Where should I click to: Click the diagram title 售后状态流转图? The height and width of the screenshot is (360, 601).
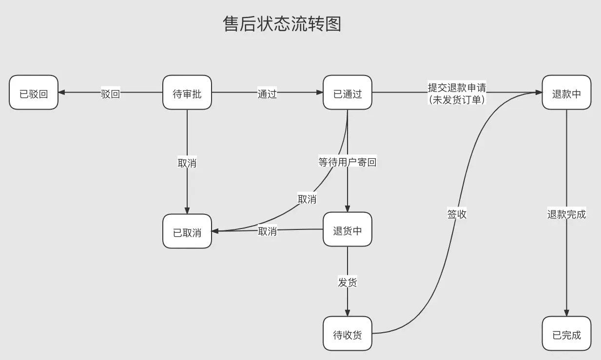coord(282,24)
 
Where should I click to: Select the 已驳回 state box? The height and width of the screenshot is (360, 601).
coord(34,93)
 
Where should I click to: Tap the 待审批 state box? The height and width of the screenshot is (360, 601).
coord(187,93)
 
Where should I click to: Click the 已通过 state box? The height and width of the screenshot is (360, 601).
coord(348,93)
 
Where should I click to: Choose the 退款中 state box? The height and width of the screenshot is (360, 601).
coord(566,93)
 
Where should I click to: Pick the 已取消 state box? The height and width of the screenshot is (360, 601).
coord(187,231)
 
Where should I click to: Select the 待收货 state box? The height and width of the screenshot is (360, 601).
coord(348,334)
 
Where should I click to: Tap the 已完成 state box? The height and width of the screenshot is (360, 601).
coord(566,334)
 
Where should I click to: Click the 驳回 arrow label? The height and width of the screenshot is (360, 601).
coord(110,93)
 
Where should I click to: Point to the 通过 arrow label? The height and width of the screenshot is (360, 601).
coord(267,93)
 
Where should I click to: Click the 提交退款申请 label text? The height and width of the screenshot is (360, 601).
coord(457,87)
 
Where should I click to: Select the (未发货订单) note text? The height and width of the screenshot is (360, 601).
coord(457,98)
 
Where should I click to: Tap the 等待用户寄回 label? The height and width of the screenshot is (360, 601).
coord(348,162)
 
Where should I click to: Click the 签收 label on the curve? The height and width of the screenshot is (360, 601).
coord(457,213)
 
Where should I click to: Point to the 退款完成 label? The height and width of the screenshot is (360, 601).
coord(566,213)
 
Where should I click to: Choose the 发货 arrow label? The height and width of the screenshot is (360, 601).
coord(348,282)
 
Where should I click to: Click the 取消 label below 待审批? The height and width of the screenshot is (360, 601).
coord(187,162)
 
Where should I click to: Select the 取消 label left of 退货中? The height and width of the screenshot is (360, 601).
coord(267,230)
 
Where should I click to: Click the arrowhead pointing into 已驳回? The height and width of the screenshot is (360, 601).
coord(62,93)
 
